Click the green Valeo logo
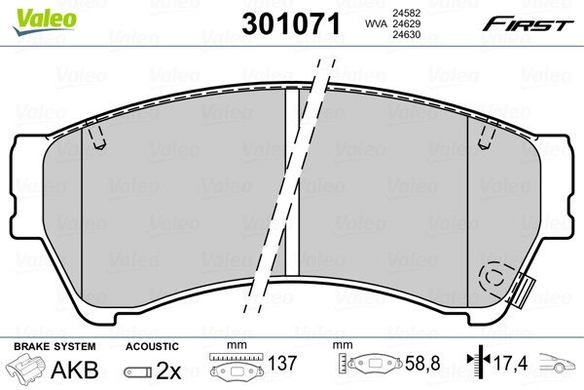pos(45,19)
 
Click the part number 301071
pos(291,23)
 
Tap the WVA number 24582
pos(406,13)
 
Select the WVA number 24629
pos(406,23)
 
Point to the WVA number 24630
pos(406,35)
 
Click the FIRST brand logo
pos(528,24)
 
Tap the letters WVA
pos(376,23)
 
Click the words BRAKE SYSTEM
pos(55,346)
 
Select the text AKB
pos(75,370)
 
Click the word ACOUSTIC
pos(152,346)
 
